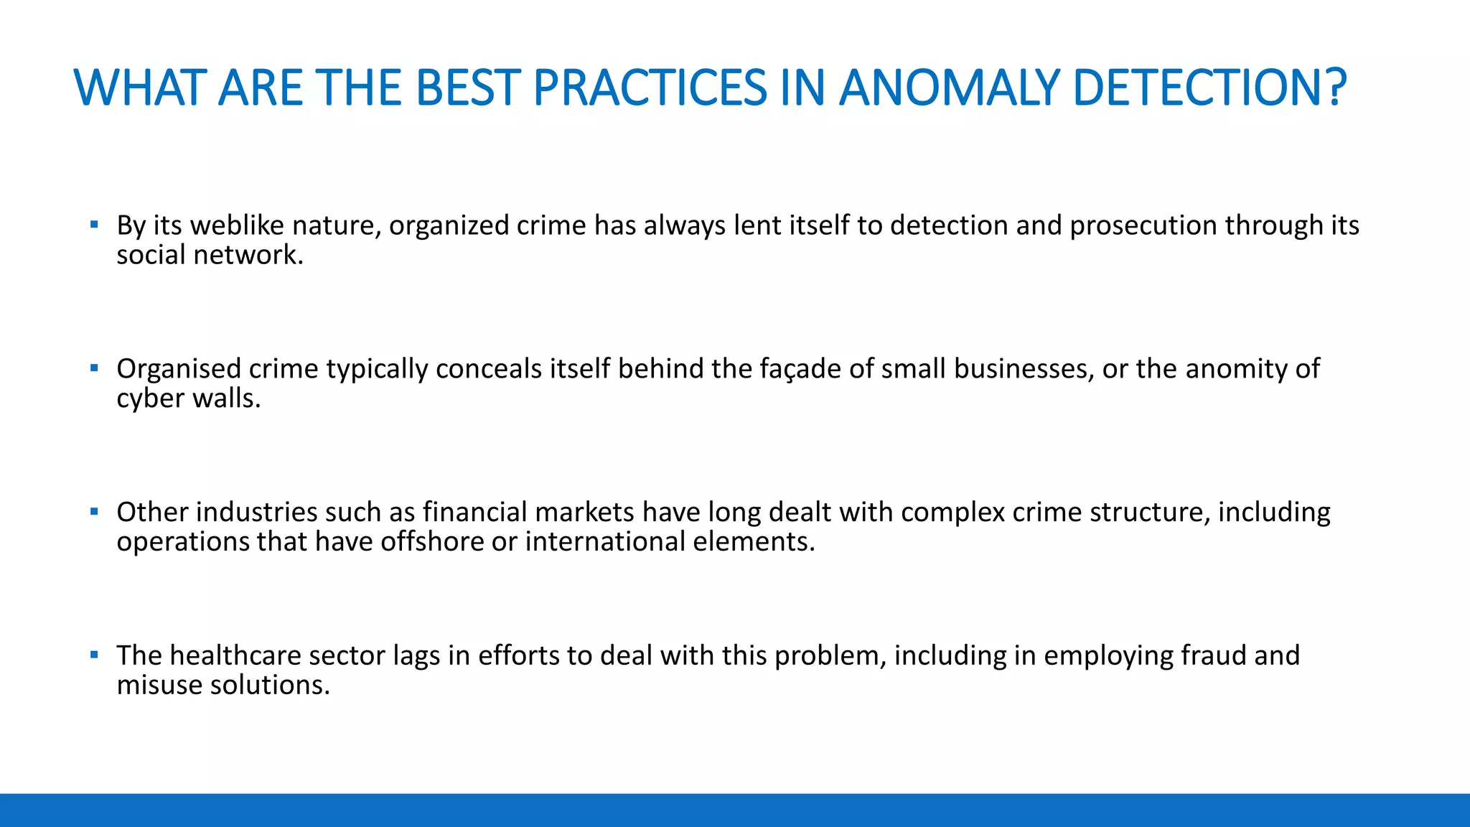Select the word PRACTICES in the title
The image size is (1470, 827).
click(x=650, y=88)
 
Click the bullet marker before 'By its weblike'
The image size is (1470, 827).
click(x=94, y=225)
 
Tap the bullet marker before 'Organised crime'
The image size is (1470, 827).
click(x=94, y=368)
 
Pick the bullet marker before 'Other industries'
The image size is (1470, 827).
click(x=94, y=512)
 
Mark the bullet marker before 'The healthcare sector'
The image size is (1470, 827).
click(x=94, y=655)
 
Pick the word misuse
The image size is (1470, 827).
click(x=159, y=686)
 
